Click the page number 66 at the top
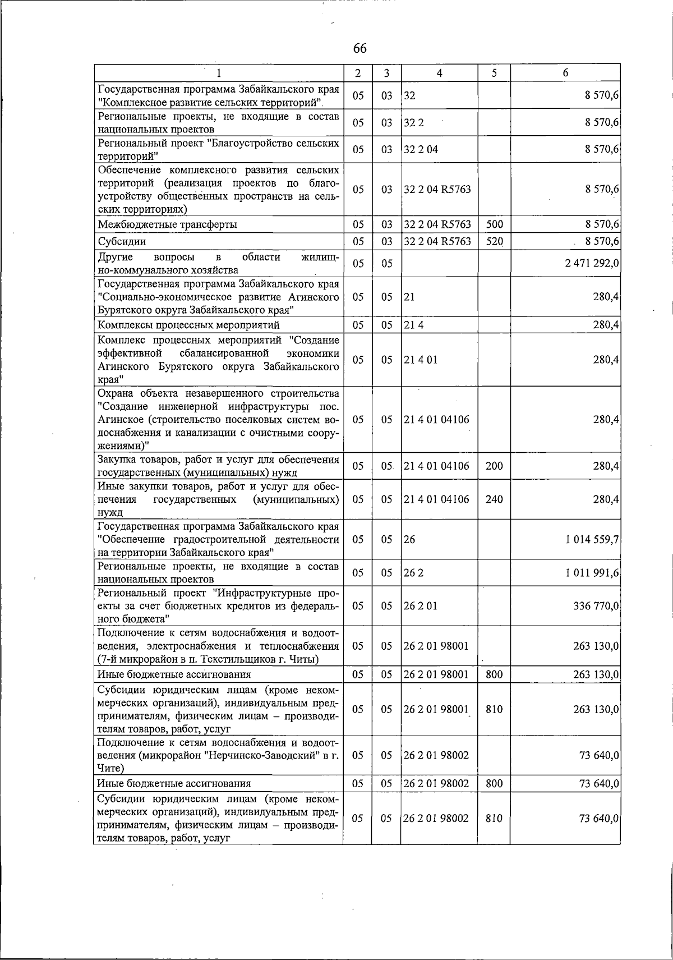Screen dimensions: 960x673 point(359,49)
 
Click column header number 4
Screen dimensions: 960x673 point(439,73)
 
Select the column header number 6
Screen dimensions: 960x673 point(565,73)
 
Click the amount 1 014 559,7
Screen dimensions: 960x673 point(592,540)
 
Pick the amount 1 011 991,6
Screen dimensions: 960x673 point(592,573)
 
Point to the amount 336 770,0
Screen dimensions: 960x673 point(596,606)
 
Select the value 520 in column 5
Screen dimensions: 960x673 point(494,242)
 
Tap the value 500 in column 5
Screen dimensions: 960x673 point(494,224)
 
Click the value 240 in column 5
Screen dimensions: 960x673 point(494,499)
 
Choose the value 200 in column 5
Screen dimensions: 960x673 point(494,466)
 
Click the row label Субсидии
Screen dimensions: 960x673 point(122,242)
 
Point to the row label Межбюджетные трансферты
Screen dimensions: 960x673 point(167,224)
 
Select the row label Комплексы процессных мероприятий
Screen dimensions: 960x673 point(188,325)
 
